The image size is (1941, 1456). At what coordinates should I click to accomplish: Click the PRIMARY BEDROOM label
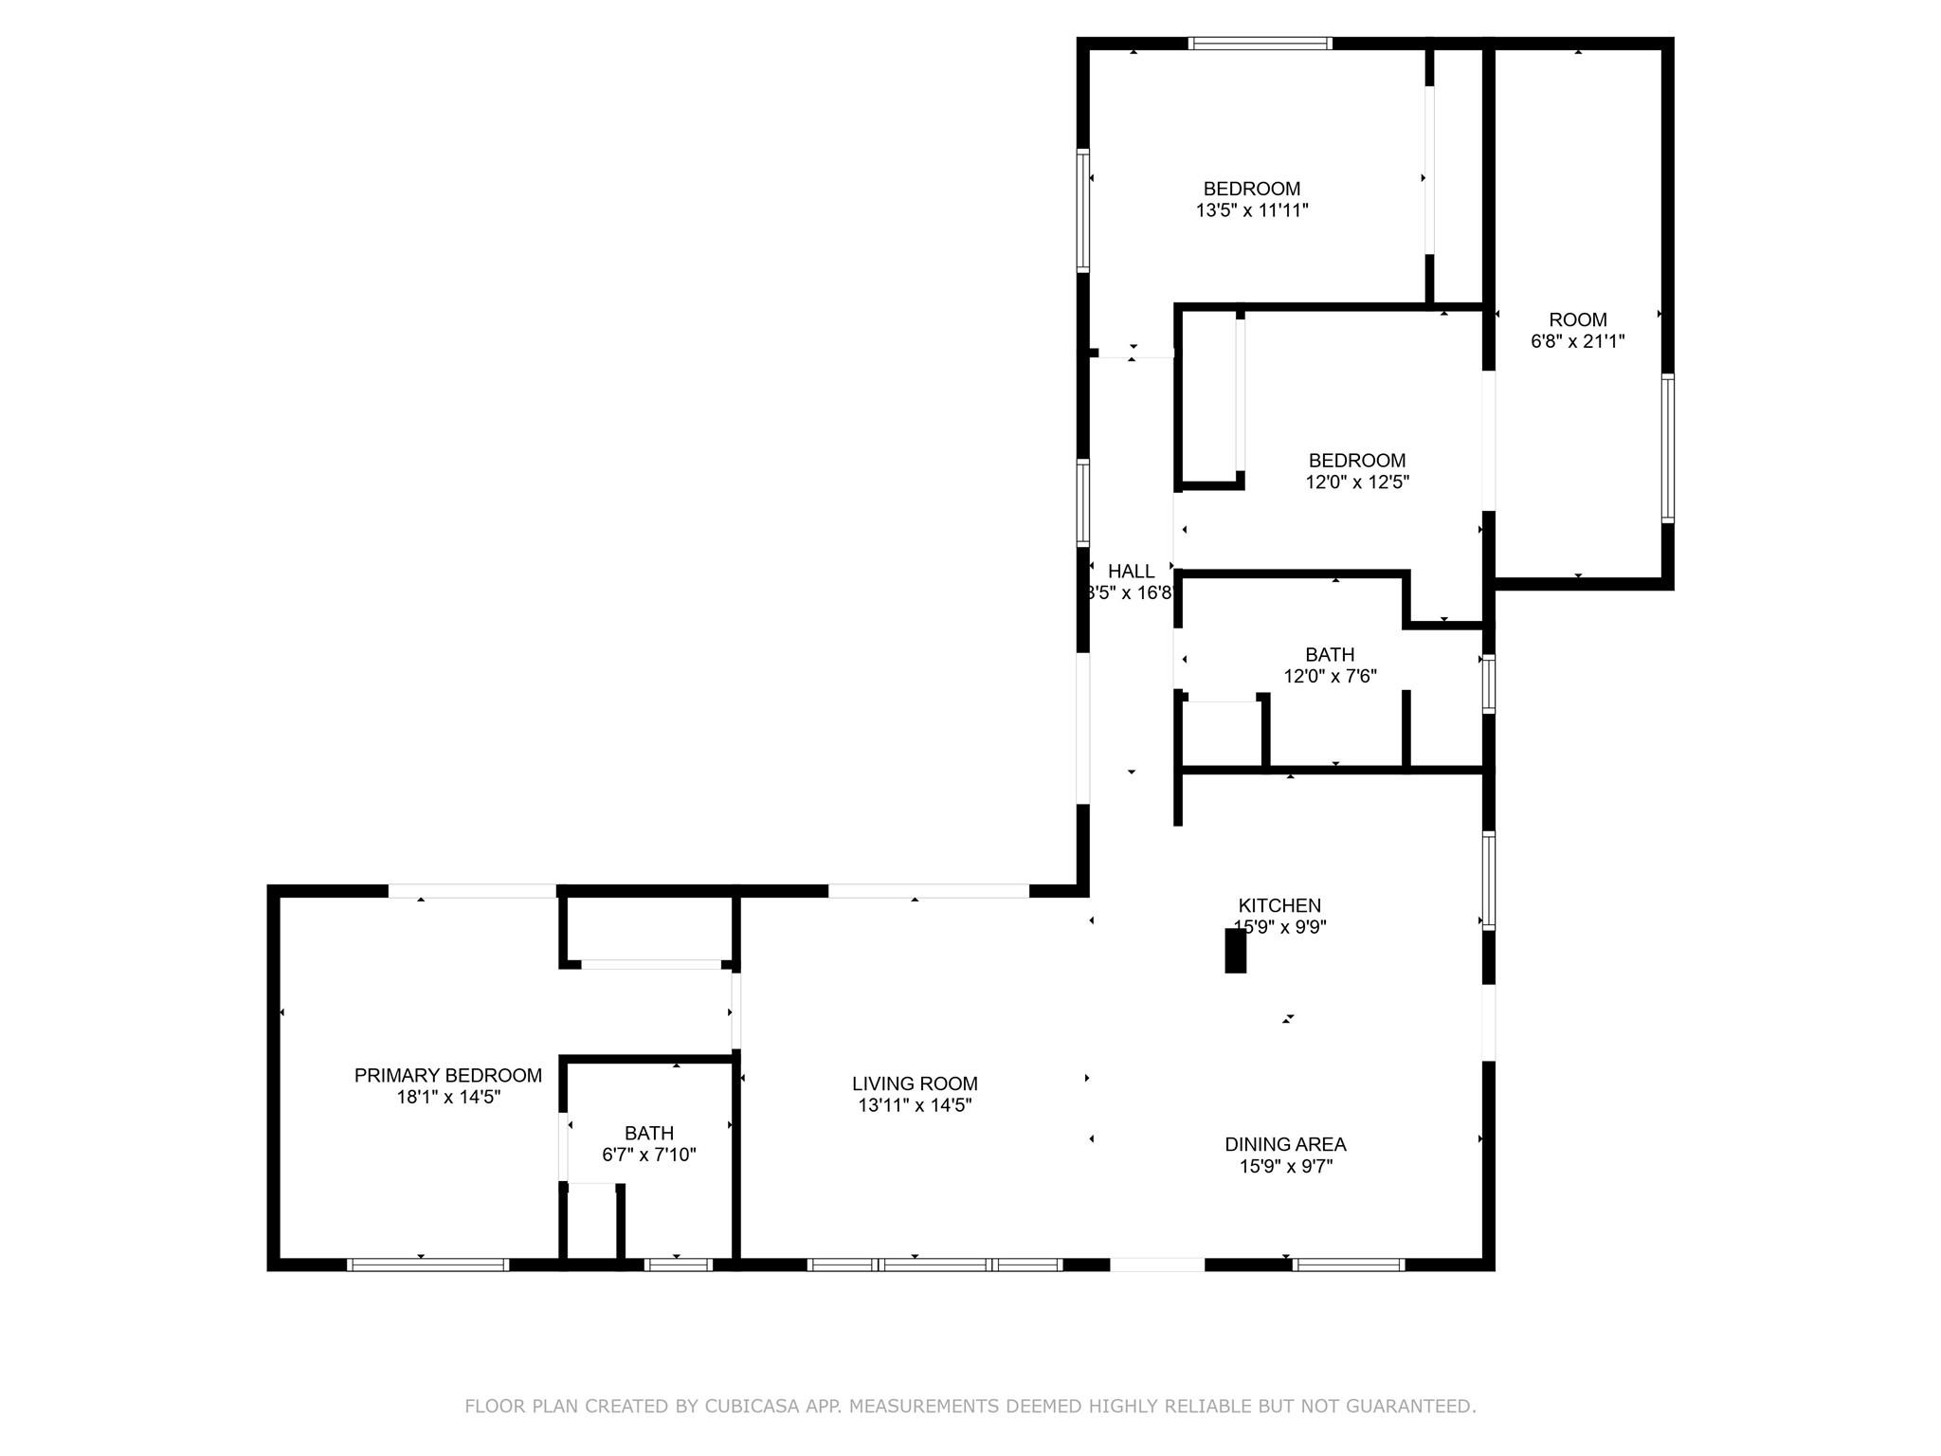point(448,1076)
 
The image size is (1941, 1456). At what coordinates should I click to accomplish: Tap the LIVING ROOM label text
point(915,1083)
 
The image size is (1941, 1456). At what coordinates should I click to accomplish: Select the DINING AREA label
point(1285,1145)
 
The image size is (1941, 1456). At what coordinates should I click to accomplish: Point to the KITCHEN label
point(1279,906)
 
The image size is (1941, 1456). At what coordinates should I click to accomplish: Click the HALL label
point(1131,572)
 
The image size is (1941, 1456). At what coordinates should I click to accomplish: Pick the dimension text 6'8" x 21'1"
point(1578,341)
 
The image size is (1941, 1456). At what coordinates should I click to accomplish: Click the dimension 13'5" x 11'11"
point(1252,210)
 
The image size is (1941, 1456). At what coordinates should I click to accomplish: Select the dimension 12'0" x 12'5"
point(1357,482)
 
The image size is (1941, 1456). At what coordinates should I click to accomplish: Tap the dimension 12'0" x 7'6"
point(1330,677)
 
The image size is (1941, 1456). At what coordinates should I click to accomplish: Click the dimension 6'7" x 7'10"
point(649,1156)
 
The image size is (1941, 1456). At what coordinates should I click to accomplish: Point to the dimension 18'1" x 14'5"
point(448,1098)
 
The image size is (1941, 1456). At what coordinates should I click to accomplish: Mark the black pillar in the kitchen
point(1235,951)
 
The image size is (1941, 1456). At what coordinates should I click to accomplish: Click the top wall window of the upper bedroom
point(1261,43)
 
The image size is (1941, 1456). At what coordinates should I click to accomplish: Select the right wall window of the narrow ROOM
point(1668,447)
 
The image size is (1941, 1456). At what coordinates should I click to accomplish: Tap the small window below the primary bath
point(678,1265)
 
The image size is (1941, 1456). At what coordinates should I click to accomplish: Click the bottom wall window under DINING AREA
point(1349,1265)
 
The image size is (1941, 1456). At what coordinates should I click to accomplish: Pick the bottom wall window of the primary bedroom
point(428,1265)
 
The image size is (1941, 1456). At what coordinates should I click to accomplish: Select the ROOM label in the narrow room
point(1578,319)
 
